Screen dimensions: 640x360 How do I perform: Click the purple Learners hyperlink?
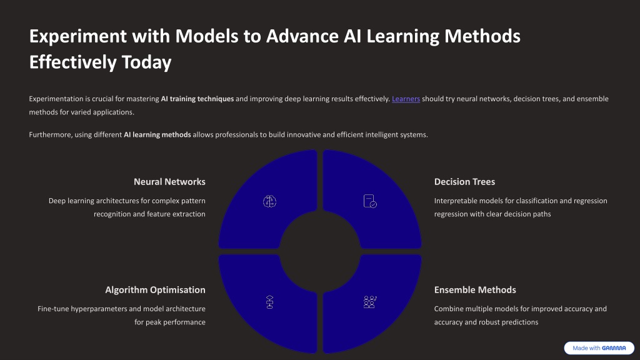pos(406,99)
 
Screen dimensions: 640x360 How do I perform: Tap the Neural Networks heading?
pos(169,182)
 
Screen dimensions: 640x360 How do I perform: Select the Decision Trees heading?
pos(464,182)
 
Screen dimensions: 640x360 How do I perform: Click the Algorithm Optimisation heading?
pos(155,290)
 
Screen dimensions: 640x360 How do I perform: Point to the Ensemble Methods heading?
pos(475,290)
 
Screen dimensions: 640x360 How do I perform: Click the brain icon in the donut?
pos(269,201)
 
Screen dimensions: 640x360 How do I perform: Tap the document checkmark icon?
pos(370,201)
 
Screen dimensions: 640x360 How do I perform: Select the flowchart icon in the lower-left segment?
pos(269,302)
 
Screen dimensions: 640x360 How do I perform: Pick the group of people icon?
pos(370,302)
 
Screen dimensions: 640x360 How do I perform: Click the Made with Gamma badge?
pos(599,348)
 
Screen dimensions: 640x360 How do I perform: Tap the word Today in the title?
pos(146,62)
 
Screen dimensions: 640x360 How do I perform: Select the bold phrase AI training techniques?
pos(197,99)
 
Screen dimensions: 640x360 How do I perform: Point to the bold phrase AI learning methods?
pos(157,135)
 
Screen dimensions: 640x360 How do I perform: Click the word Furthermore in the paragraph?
pos(49,135)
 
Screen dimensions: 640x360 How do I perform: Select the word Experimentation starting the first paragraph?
pos(56,99)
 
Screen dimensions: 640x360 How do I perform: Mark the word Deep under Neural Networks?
pos(56,201)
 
